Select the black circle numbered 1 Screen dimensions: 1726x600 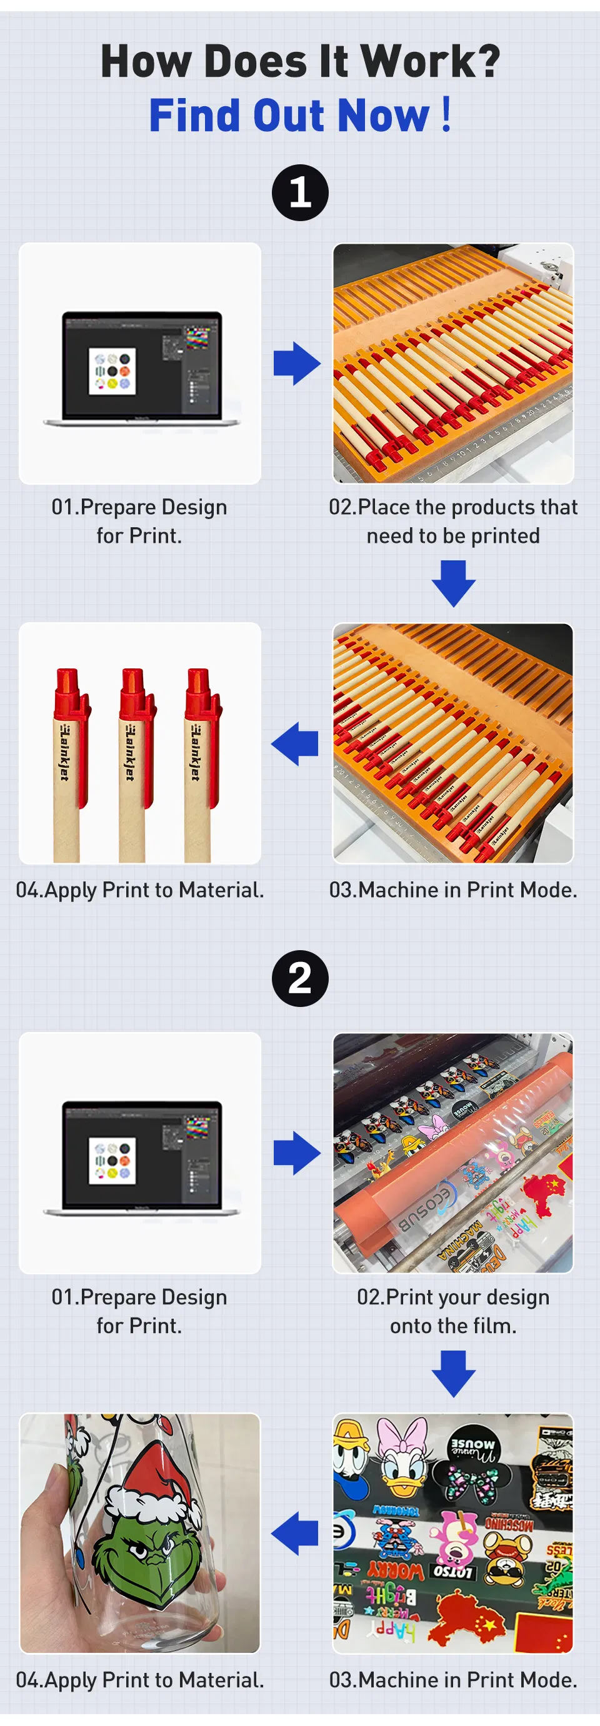coord(299,193)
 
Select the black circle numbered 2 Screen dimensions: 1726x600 coord(299,978)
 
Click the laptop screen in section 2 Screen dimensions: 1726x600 coord(142,1155)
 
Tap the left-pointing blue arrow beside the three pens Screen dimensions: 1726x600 coord(295,744)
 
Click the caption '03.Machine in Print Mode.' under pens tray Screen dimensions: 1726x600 coord(453,890)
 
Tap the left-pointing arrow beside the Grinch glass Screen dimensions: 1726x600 coord(295,1533)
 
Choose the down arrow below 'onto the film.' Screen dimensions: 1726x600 coord(453,1374)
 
